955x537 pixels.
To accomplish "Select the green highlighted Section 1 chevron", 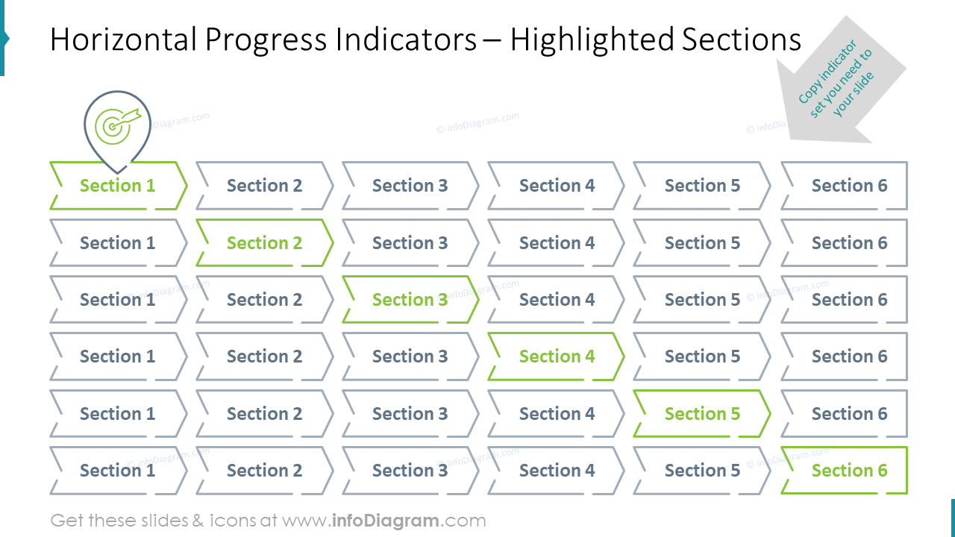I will (x=118, y=186).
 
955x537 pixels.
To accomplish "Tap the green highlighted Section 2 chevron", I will (x=264, y=243).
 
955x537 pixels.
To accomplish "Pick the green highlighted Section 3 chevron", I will (x=410, y=300).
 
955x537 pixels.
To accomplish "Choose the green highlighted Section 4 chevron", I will (x=557, y=357).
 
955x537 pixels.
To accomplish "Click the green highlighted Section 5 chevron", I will (x=702, y=414).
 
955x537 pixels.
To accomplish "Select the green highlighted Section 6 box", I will (x=849, y=471).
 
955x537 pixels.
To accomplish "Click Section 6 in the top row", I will (x=849, y=186).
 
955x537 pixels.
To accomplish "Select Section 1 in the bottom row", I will (x=118, y=471).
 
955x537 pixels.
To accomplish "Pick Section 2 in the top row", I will (x=264, y=186).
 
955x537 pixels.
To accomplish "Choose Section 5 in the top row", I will (x=702, y=186).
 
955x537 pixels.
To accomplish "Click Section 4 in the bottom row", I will (x=557, y=471).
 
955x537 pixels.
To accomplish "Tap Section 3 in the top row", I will (x=410, y=186).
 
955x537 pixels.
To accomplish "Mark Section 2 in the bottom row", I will (x=264, y=471).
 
